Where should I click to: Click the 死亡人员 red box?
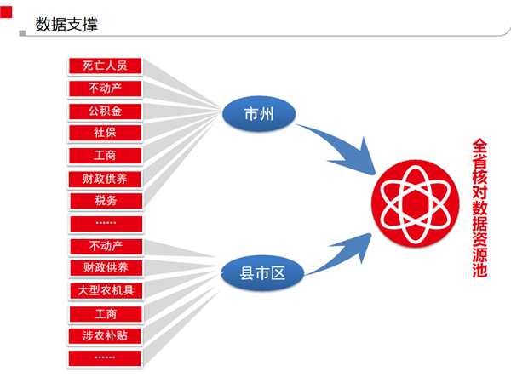coord(106,66)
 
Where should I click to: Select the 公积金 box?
coord(106,111)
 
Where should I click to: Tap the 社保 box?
coord(106,133)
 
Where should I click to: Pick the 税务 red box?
coord(106,201)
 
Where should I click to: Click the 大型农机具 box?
coord(106,290)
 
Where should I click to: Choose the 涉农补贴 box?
coord(105,336)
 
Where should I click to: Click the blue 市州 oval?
coord(259,114)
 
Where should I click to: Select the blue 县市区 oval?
coord(262,273)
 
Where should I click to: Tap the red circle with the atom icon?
coord(416,203)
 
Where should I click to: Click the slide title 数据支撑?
coord(66,25)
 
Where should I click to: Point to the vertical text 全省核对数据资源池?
coord(479,209)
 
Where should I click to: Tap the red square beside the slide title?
coord(6,12)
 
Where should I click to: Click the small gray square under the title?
coord(22,33)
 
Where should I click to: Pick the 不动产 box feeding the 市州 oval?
coord(106,89)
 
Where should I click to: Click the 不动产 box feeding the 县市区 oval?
coord(106,246)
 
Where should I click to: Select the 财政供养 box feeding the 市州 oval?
coord(105,179)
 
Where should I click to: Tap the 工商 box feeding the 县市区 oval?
coord(106,314)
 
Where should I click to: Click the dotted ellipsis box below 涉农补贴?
coord(105,358)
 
